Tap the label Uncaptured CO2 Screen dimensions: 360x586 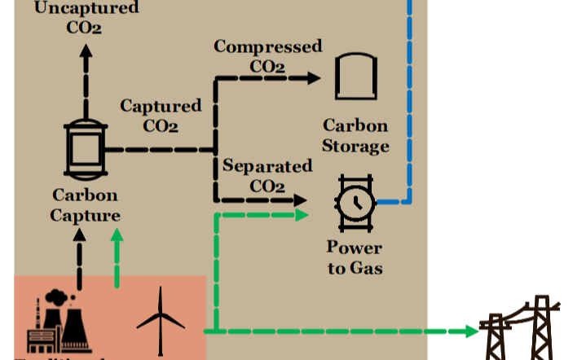pos(85,16)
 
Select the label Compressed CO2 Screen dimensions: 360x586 pos(267,55)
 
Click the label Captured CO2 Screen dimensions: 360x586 pos(161,116)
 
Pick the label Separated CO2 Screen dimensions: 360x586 pos(267,176)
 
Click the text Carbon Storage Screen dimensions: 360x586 pos(355,136)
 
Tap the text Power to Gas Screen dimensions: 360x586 pos(355,257)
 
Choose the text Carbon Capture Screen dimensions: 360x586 pos(86,205)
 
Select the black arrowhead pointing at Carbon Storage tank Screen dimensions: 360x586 pos(314,78)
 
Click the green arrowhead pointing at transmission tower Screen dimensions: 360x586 pos(472,331)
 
